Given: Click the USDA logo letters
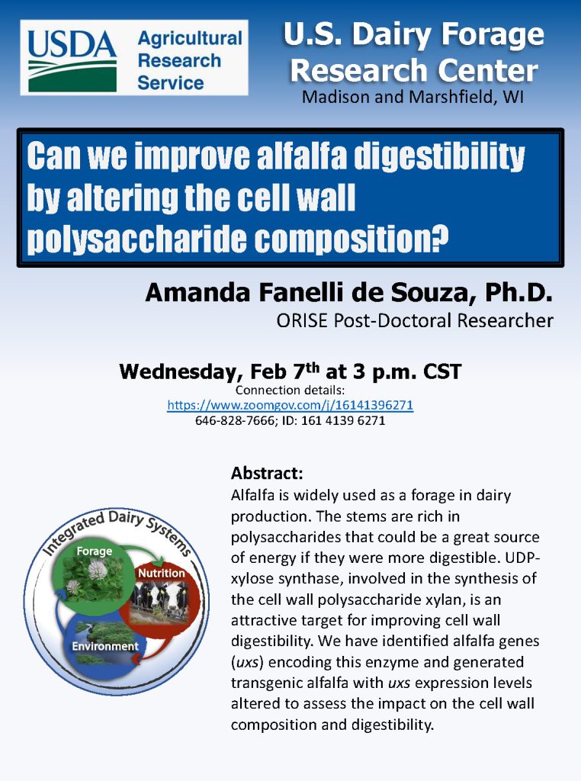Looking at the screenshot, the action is [x=72, y=44].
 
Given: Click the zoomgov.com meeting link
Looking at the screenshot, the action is [x=290, y=404].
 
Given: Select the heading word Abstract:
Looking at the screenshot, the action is [x=267, y=473].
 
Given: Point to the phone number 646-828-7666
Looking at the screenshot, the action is [x=235, y=421].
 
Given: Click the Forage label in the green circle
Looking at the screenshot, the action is [x=94, y=551].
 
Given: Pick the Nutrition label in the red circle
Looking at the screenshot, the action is [x=162, y=574].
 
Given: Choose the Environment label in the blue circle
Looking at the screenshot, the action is [x=105, y=646].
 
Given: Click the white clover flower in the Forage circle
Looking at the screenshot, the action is [x=98, y=570].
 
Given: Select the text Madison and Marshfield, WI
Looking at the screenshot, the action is [x=412, y=97].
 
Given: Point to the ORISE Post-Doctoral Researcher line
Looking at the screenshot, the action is [x=415, y=321].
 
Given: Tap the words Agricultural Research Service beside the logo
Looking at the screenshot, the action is [x=190, y=60].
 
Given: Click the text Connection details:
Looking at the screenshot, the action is [x=290, y=390].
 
